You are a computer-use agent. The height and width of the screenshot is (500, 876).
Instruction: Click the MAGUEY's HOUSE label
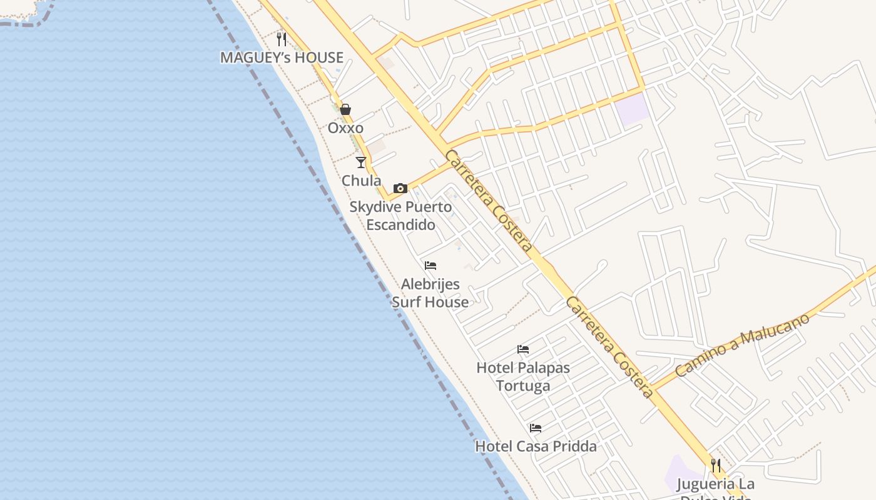(282, 57)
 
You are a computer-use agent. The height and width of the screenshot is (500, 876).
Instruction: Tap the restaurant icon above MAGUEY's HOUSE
(282, 39)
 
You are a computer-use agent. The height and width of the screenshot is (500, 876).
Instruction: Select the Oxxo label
(345, 128)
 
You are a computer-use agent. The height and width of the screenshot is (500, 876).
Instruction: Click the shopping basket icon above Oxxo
(345, 110)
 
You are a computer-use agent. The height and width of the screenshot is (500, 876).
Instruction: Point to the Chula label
(361, 181)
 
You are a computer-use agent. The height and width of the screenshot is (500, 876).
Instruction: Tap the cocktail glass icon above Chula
(361, 162)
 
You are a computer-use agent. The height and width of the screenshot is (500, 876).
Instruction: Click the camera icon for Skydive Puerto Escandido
(400, 188)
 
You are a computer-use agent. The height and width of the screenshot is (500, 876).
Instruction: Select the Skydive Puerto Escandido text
(400, 216)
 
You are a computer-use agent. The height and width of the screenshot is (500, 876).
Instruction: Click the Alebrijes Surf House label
(430, 293)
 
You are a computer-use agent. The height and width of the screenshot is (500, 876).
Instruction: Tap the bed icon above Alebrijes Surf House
(430, 266)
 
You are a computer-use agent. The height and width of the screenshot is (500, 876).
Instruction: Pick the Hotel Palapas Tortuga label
(523, 376)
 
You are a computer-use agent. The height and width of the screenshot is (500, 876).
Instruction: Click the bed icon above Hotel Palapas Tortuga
(523, 349)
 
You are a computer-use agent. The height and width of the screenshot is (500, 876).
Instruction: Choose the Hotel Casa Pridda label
(536, 446)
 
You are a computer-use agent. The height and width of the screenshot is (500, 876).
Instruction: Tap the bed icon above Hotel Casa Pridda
(536, 428)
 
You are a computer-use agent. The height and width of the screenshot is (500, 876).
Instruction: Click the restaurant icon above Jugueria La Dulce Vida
(716, 466)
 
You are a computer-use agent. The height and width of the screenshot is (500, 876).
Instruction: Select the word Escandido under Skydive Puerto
(400, 225)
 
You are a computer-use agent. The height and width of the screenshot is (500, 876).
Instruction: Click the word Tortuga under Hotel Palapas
(523, 386)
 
